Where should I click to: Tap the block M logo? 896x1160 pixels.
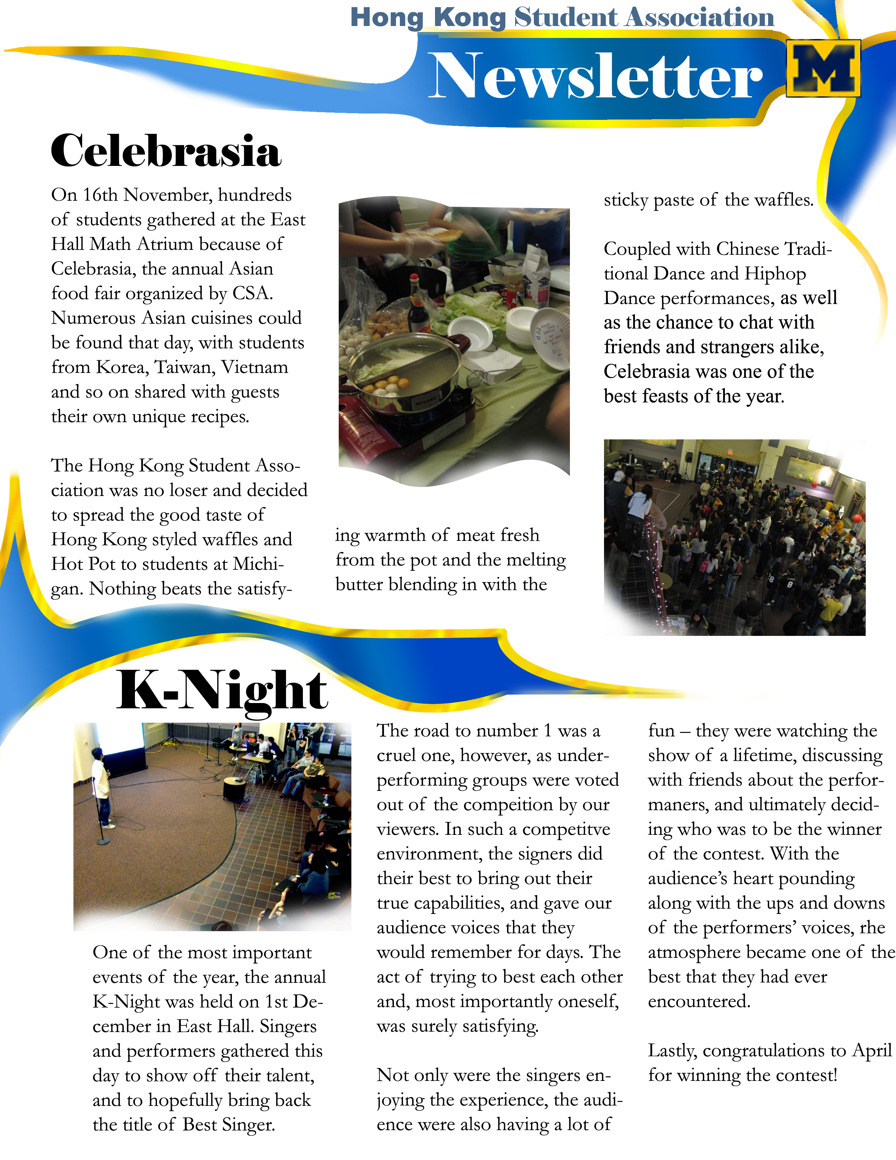click(823, 69)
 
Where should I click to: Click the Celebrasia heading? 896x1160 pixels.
click(165, 151)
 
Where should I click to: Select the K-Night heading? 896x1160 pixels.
click(222, 690)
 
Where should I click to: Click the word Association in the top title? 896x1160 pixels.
click(699, 18)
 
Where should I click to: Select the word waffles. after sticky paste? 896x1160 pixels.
click(784, 200)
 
